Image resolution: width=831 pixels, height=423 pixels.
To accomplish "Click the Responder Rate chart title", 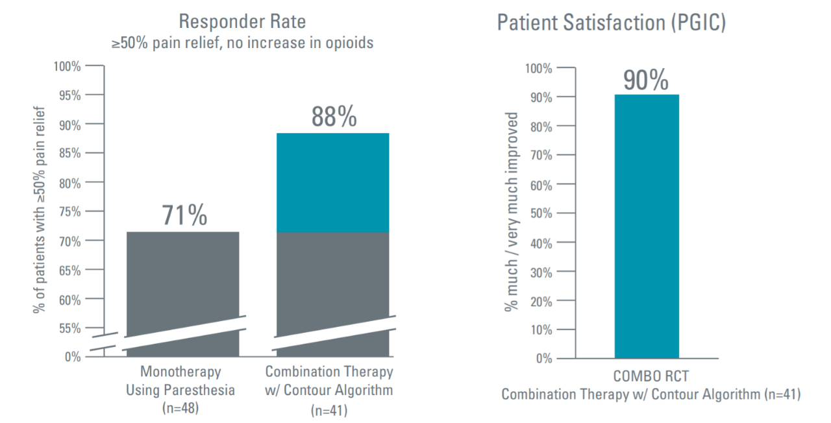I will [242, 21].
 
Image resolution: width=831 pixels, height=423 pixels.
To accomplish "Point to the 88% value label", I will [334, 117].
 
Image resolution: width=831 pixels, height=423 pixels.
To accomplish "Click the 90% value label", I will [646, 80].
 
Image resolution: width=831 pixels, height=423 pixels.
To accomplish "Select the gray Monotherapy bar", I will [182, 279].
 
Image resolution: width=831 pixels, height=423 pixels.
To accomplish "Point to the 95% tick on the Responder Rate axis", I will [68, 95].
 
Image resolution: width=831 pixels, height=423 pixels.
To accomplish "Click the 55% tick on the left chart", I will [68, 328].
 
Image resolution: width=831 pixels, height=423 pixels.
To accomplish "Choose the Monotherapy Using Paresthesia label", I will [181, 381].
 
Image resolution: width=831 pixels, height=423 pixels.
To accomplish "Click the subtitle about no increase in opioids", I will [242, 44].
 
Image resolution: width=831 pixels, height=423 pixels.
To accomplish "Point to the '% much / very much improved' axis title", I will [512, 211].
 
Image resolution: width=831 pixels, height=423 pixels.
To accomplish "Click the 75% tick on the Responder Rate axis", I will [68, 211].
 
